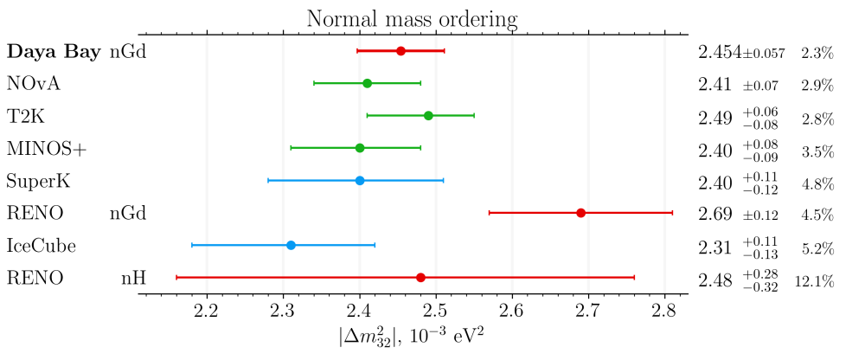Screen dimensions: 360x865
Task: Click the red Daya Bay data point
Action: click(400, 51)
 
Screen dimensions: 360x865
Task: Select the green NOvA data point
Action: click(367, 83)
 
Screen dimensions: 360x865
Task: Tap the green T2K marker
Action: click(428, 115)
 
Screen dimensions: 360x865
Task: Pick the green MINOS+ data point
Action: click(360, 148)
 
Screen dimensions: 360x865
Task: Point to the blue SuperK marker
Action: click(360, 181)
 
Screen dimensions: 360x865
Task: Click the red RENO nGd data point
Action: click(580, 213)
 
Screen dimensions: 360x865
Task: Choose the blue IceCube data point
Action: click(291, 246)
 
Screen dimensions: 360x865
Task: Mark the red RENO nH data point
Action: click(420, 278)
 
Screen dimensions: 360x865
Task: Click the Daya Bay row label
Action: click(54, 52)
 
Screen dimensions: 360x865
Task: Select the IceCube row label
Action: click(41, 247)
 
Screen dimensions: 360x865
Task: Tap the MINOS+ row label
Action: click(47, 149)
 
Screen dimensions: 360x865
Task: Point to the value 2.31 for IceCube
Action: click(715, 247)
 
